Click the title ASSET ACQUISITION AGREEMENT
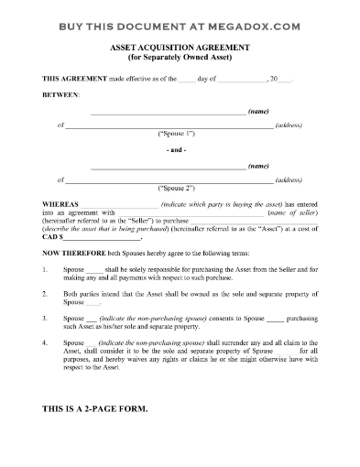coord(180,44)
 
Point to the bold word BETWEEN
coord(60,95)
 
